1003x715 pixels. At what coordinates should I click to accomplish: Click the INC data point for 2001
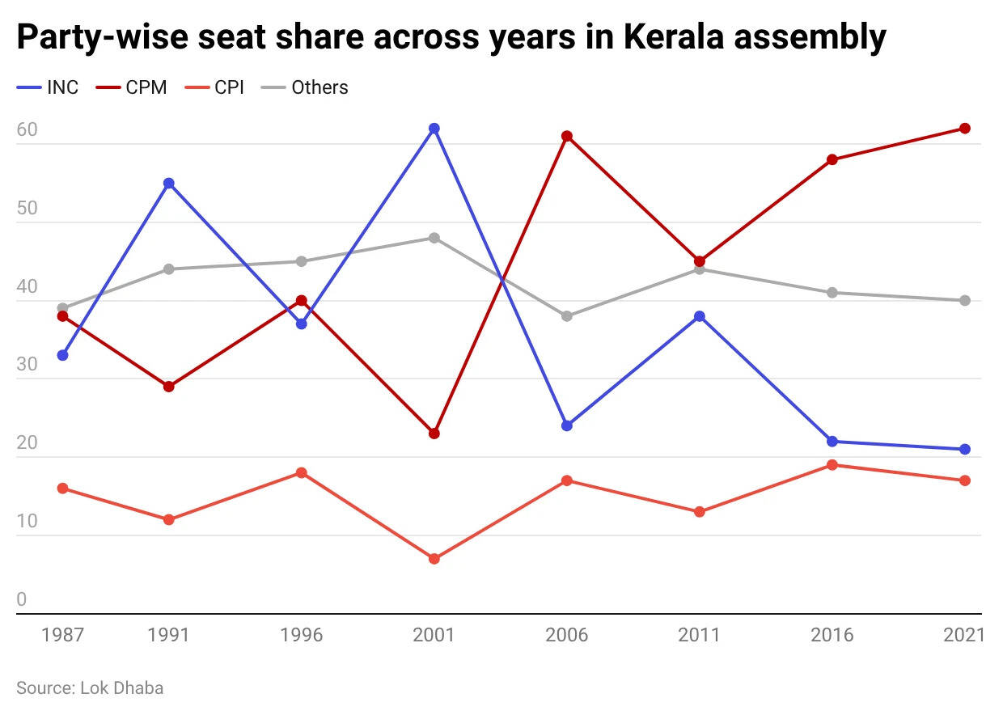(434, 129)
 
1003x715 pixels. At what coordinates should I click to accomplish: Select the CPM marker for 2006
(567, 136)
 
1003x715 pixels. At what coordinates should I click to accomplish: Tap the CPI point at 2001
(434, 559)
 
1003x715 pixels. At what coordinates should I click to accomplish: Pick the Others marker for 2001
(434, 238)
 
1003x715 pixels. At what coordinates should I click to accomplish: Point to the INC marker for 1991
(169, 183)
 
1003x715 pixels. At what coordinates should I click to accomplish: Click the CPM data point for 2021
(965, 129)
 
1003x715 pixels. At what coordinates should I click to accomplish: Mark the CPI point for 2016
(832, 465)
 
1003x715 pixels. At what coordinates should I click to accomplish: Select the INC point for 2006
(567, 425)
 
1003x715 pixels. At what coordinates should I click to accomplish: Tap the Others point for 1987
(62, 308)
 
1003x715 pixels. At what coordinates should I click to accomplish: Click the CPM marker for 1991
(169, 387)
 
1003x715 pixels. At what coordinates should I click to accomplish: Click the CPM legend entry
(133, 87)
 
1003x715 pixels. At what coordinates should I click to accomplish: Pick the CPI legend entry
(218, 87)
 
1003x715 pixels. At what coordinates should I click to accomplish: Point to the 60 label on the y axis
(28, 130)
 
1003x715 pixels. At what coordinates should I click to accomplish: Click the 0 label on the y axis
(22, 599)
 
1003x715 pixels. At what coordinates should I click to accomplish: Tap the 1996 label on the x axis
(302, 635)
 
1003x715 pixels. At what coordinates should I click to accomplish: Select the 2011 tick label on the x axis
(700, 635)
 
